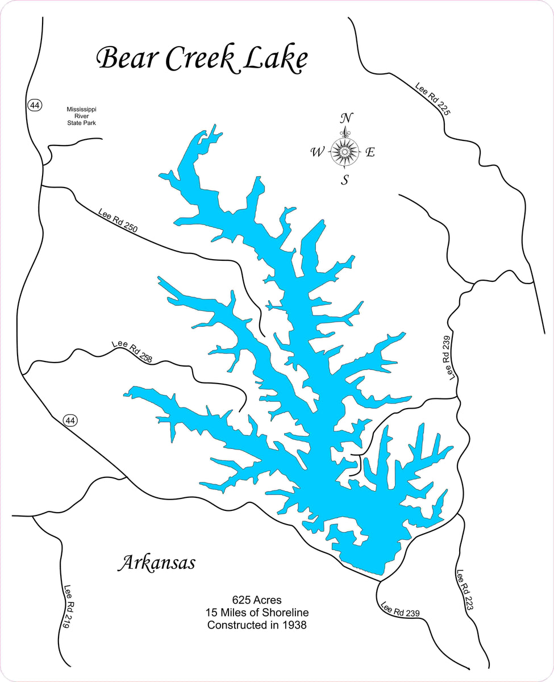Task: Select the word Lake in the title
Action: click(275, 59)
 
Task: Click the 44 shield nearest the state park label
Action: click(34, 105)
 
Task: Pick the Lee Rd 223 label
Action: click(464, 590)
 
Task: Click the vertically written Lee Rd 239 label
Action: click(449, 357)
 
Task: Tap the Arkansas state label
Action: click(156, 563)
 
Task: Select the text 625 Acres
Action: click(256, 600)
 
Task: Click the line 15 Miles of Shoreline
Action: click(257, 613)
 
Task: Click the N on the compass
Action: click(345, 118)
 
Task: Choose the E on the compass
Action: click(370, 152)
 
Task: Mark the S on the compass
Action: click(344, 181)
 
